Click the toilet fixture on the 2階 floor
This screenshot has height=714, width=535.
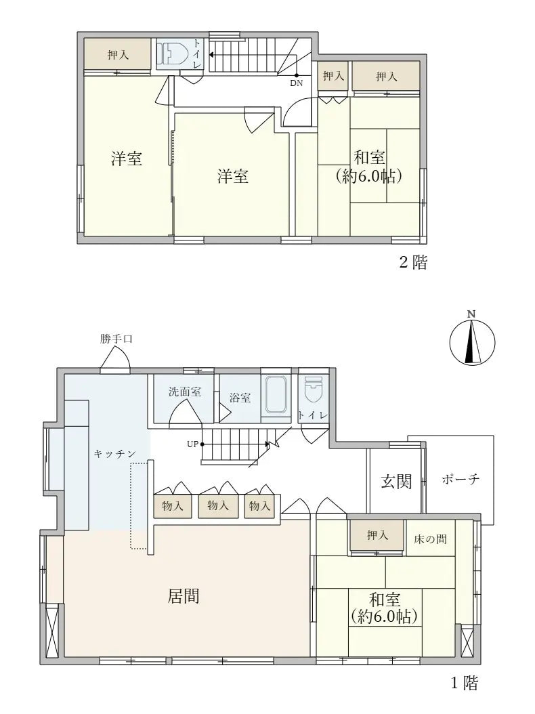pos(175,54)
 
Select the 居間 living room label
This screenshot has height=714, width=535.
pos(183,596)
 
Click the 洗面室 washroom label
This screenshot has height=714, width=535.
pos(185,392)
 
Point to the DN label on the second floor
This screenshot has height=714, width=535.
pos(297,83)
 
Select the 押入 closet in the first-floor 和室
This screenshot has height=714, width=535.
pos(377,536)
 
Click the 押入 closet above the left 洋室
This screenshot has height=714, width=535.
pos(118,55)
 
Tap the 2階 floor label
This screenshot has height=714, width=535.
pos(412,263)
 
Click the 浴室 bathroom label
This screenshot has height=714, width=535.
pos(240,398)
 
